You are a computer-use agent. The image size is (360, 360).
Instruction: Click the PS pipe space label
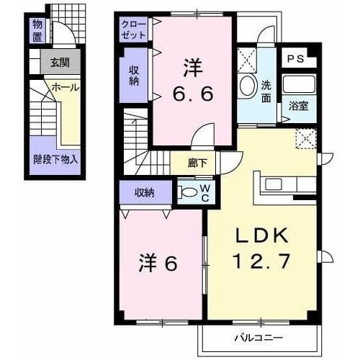coord(296,59)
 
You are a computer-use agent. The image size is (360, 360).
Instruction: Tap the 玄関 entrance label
coord(60,63)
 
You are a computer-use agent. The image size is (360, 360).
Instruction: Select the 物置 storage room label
coord(37,30)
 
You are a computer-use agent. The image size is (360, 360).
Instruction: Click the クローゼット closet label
coord(134,30)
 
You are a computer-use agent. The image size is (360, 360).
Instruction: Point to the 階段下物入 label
coord(55,159)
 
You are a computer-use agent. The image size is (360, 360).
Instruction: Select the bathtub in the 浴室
coord(299,84)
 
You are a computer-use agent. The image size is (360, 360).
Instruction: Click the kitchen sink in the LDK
coord(274,184)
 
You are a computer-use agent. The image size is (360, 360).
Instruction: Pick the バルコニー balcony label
coord(258,338)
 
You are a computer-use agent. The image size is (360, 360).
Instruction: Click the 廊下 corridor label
coord(197,163)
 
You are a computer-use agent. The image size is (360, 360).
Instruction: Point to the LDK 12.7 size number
coord(262,261)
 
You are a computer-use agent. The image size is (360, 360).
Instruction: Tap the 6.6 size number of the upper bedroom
coord(193,94)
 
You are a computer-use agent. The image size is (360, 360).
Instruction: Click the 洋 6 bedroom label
coord(158,264)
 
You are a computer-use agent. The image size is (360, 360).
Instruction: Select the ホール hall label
coord(66,87)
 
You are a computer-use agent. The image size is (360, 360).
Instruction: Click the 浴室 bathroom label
coord(299,106)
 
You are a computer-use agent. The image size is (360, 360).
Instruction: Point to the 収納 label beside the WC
coord(144,192)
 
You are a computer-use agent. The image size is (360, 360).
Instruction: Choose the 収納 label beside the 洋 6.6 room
coord(134,76)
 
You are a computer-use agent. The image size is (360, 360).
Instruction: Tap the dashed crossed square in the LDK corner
coord(306,139)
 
